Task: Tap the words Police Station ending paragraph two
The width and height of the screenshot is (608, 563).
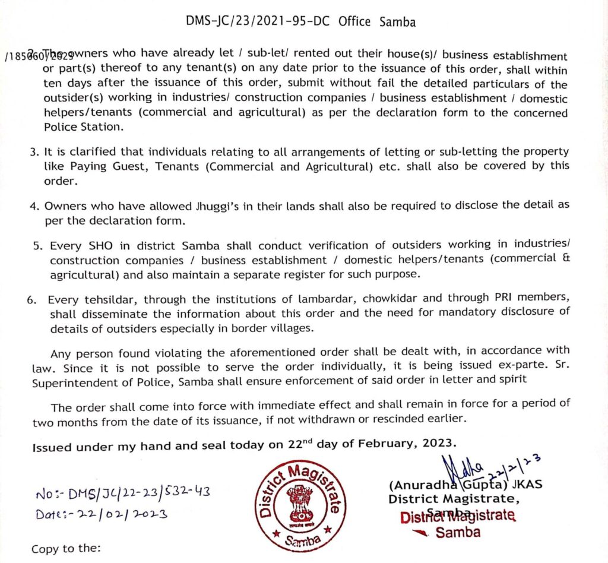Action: pos(82,127)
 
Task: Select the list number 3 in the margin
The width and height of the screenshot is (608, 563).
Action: pos(34,152)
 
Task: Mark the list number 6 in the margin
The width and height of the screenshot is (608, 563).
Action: pos(31,300)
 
